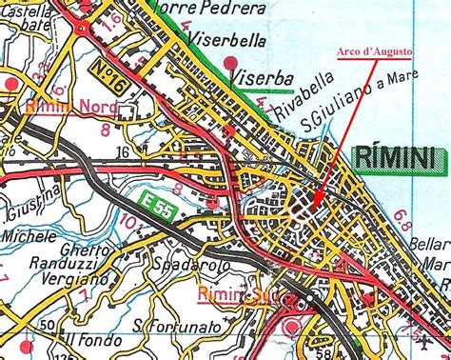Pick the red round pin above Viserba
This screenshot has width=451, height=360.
[x=231, y=64]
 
